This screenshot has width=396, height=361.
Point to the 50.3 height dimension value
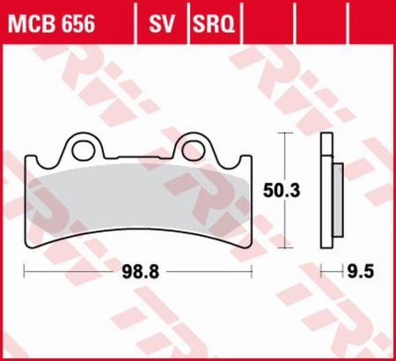(280, 188)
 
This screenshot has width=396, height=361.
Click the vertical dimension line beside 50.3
(283, 158)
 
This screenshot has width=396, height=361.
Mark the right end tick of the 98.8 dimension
(256, 274)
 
